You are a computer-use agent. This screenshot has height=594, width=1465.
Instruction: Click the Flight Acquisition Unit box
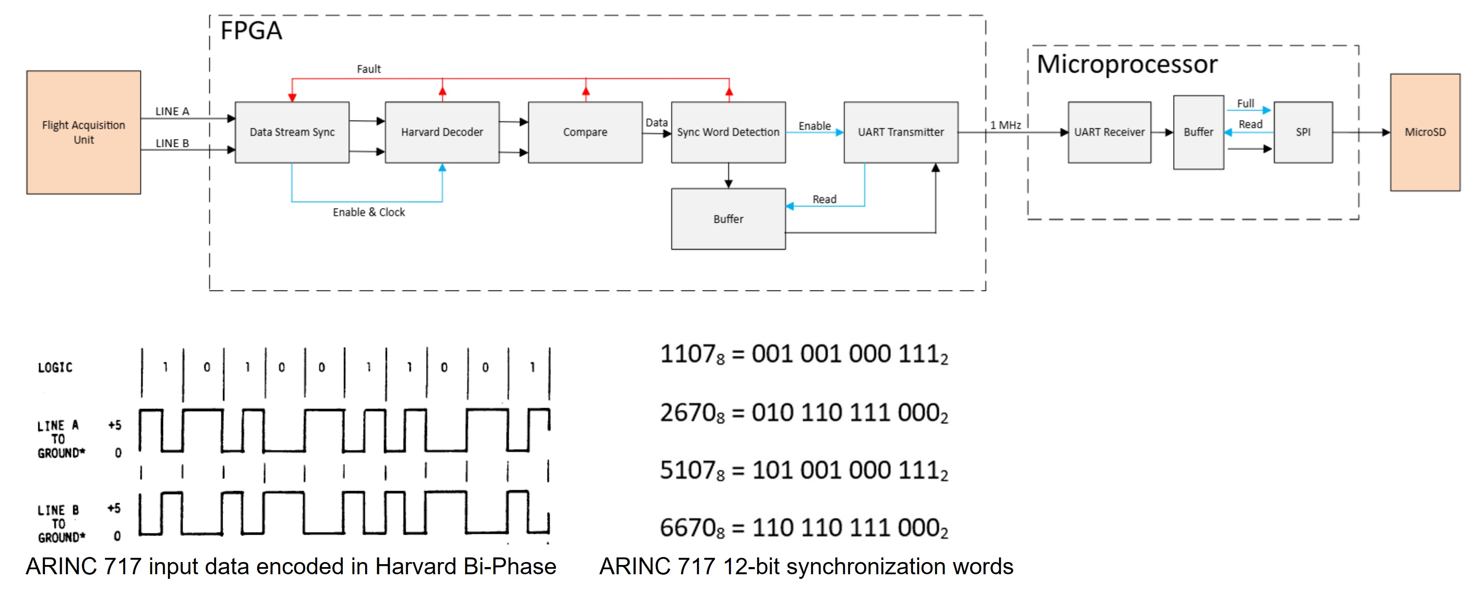[x=84, y=132]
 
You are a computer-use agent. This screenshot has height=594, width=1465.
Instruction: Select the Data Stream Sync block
[x=292, y=132]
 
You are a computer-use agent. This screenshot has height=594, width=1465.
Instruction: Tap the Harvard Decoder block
[x=442, y=132]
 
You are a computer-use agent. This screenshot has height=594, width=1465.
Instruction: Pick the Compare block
[x=585, y=132]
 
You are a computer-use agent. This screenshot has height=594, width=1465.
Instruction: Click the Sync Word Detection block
[x=728, y=132]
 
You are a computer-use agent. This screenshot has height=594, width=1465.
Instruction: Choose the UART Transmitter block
[x=901, y=132]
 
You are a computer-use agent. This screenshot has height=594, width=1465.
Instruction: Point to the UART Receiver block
[x=1109, y=132]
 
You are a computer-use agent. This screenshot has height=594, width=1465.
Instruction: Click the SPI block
[x=1303, y=132]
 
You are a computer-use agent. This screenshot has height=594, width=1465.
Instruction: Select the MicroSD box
[x=1425, y=132]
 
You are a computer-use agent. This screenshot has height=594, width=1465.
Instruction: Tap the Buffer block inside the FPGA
[x=728, y=219]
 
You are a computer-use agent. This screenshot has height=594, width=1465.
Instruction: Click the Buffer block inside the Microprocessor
[x=1198, y=132]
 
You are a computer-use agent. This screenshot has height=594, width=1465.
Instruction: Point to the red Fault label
[x=368, y=69]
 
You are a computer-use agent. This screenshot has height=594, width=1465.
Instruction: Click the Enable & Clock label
[x=368, y=212]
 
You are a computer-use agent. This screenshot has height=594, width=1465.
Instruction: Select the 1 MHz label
[x=1005, y=124]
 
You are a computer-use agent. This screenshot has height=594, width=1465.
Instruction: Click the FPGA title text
[x=251, y=31]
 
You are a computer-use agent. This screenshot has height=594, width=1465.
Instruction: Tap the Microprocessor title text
[x=1127, y=64]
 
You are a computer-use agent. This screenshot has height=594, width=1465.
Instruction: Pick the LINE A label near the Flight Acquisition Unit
[x=172, y=111]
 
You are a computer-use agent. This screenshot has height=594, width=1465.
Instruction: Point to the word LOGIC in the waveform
[x=55, y=367]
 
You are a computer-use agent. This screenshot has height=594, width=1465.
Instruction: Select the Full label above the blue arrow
[x=1245, y=103]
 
